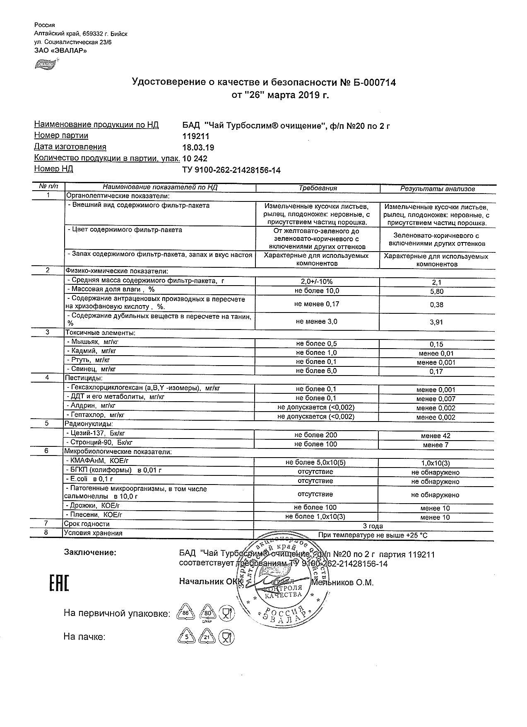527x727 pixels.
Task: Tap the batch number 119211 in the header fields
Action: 196,136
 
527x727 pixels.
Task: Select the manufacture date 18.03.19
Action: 198,148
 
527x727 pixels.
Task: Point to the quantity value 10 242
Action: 195,158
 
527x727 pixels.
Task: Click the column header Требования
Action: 318,188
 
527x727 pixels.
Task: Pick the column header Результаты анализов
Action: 437,189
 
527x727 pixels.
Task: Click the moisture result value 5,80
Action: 437,291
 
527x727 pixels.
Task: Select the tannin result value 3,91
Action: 437,322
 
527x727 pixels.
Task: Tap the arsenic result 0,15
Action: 436,344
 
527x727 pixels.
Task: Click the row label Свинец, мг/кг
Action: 91,369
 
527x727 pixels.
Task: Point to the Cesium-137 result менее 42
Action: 436,436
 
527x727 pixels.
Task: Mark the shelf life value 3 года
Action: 373,526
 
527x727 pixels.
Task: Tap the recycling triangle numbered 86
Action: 185,613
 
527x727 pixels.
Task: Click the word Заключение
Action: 90,552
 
